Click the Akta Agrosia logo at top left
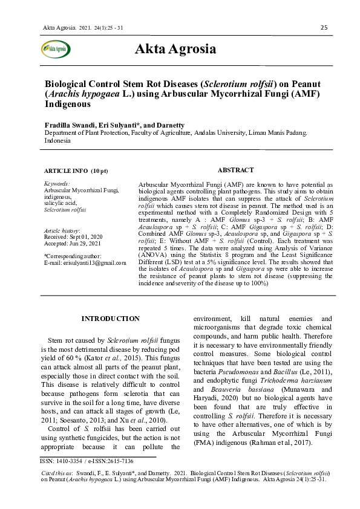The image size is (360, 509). click(56, 49)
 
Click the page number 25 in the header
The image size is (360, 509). click(324, 28)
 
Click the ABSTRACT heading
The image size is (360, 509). click(235, 170)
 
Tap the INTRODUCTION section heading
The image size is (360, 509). click(111, 319)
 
